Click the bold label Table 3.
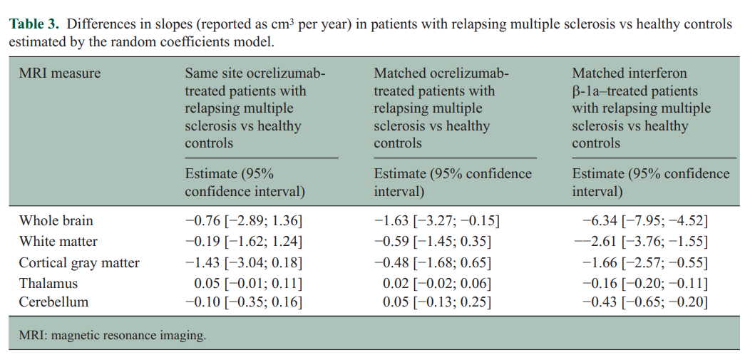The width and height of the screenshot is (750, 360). click(34, 25)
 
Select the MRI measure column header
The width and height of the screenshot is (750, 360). click(60, 73)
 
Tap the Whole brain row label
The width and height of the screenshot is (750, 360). click(56, 221)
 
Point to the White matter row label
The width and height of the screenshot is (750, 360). click(58, 242)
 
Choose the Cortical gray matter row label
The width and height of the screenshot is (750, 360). click(79, 263)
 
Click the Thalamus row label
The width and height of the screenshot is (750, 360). click(48, 284)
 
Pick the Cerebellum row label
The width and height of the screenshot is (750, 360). click(53, 302)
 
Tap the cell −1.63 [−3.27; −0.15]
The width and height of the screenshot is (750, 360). click(436, 221)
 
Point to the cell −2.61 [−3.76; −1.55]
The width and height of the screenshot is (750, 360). click(641, 242)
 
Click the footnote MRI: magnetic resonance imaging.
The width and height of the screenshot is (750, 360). click(113, 335)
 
